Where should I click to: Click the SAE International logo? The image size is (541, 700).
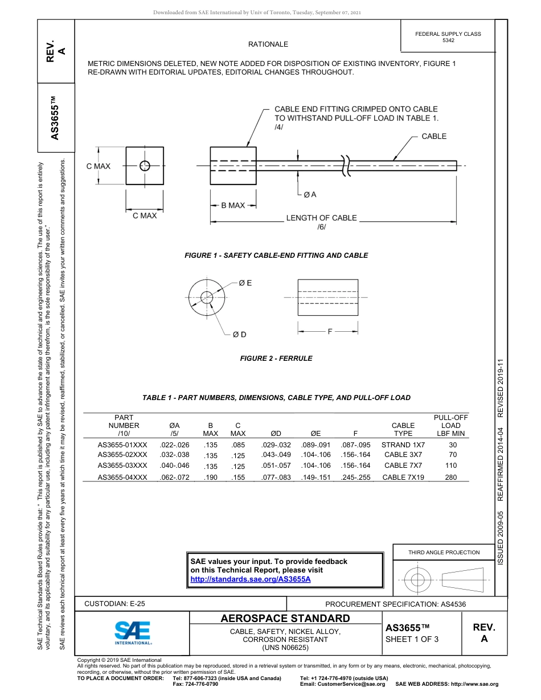133,632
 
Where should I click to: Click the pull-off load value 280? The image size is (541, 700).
451,477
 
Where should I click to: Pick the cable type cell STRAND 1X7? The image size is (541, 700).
403,444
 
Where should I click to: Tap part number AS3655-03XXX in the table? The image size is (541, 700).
122,465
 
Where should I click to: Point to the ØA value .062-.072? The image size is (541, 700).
175,477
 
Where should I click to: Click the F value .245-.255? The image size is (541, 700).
355,477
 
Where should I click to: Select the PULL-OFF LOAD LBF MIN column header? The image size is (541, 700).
451,425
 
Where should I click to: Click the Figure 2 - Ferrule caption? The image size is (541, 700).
276,359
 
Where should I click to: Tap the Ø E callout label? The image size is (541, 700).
245,283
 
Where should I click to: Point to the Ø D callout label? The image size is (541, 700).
239,334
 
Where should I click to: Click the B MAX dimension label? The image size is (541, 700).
233,205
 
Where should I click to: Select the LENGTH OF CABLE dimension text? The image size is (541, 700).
321,218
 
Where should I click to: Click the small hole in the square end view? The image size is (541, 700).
145,166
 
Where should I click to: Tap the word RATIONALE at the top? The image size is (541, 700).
268,44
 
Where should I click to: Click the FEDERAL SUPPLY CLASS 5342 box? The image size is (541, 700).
448,37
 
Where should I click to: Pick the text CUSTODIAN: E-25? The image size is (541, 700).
114,604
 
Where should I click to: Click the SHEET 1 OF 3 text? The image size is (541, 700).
412,639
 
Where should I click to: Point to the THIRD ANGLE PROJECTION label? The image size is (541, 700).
444,552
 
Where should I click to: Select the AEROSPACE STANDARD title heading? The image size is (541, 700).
285,618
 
